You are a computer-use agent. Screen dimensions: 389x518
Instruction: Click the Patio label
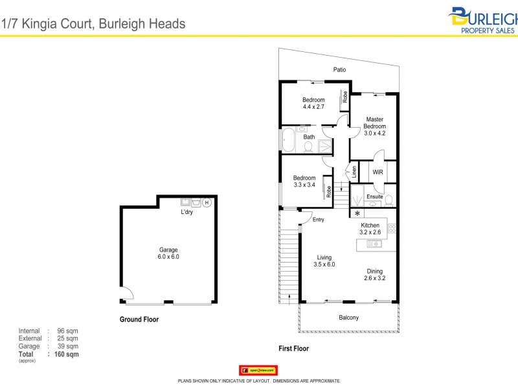tap(339, 69)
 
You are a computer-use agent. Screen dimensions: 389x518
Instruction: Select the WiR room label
tap(378, 172)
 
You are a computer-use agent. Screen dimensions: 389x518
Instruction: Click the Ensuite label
tap(374, 196)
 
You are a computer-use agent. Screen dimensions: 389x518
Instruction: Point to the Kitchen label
tap(370, 226)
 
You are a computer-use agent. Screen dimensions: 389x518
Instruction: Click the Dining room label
tap(374, 272)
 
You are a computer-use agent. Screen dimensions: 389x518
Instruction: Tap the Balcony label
tap(348, 318)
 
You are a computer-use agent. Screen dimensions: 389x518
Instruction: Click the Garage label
tap(168, 250)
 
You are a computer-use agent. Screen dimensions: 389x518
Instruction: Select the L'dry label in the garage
tap(186, 213)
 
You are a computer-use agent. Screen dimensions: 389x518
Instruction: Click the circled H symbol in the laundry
tap(207, 202)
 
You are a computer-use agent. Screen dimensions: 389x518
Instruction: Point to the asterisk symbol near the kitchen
tap(357, 213)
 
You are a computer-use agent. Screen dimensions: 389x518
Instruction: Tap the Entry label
tap(318, 220)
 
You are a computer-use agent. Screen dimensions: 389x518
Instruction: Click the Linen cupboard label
tap(354, 172)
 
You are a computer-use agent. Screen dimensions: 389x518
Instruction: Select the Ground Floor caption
tap(139, 320)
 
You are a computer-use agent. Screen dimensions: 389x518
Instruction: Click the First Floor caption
tap(293, 349)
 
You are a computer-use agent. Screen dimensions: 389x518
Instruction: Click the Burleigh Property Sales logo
tap(485, 19)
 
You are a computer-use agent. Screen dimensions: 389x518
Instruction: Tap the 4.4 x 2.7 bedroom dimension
tap(313, 107)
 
